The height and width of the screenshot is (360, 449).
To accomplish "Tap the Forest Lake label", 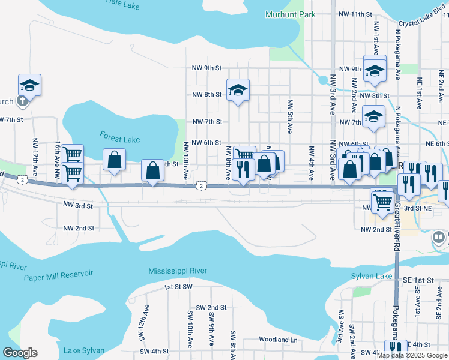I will pyautogui.click(x=120, y=139).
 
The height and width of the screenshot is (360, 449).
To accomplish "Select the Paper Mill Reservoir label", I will pyautogui.click(x=59, y=275).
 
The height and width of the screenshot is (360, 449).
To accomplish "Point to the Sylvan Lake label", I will pyautogui.click(x=372, y=276).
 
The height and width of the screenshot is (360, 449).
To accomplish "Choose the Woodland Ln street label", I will pyautogui.click(x=278, y=340).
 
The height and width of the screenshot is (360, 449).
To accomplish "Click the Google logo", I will pyautogui.click(x=20, y=353).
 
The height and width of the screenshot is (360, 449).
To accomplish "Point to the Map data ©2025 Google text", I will pyautogui.click(x=412, y=355).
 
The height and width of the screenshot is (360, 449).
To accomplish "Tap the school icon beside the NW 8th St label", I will pyautogui.click(x=238, y=91).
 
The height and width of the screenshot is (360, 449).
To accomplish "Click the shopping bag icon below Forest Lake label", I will pyautogui.click(x=114, y=160).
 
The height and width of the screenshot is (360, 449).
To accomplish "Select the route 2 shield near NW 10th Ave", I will pyautogui.click(x=201, y=186).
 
